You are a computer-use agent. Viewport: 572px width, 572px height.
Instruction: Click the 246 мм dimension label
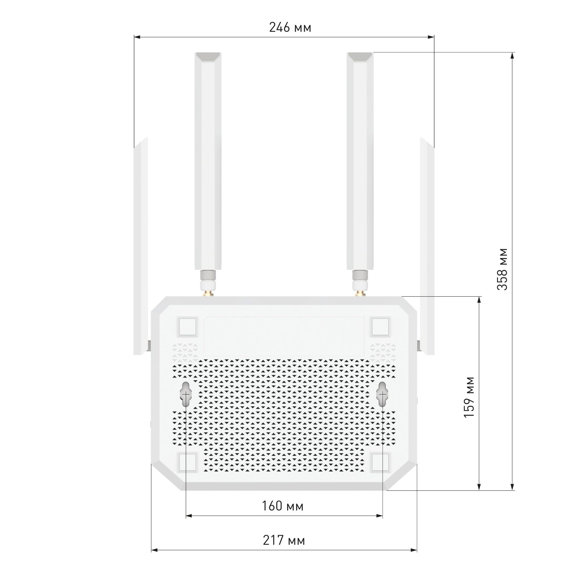[x=290, y=27]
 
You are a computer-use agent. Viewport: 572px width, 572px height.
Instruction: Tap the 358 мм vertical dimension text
[x=502, y=269]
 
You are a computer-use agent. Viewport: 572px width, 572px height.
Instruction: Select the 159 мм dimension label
[x=469, y=397]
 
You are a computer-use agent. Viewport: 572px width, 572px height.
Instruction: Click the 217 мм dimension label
[x=284, y=540]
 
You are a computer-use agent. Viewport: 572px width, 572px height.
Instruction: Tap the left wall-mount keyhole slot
[x=186, y=394]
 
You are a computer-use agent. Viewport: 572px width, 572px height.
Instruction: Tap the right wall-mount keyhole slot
[x=382, y=394]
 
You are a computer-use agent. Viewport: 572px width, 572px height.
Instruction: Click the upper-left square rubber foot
[x=187, y=327]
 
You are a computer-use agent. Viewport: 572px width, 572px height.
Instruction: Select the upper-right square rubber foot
[x=380, y=327]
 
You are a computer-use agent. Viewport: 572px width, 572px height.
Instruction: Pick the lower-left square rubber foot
[x=187, y=462]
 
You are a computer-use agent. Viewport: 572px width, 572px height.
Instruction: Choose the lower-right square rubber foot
[x=380, y=462]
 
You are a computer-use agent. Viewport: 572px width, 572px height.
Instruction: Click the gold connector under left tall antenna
[x=208, y=293]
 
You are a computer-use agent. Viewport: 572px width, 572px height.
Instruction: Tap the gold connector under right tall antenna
[x=360, y=293]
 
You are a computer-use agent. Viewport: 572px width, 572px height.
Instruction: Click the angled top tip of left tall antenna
[x=208, y=57]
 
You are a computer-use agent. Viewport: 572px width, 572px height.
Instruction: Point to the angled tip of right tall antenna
[x=360, y=57]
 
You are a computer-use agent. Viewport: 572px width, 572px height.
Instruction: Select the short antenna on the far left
[x=141, y=246]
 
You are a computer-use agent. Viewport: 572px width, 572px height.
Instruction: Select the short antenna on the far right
[x=427, y=246]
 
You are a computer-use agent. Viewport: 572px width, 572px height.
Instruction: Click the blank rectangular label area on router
[x=284, y=336]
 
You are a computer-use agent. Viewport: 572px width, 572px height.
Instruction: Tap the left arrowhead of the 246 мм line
[x=136, y=37]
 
